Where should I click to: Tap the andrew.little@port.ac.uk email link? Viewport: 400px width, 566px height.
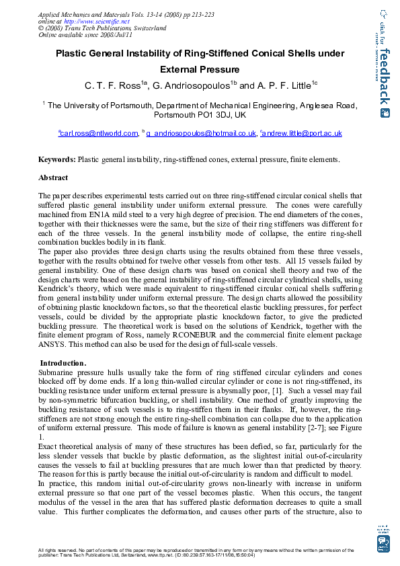click(x=303, y=133)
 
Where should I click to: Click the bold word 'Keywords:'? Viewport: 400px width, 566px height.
click(x=56, y=160)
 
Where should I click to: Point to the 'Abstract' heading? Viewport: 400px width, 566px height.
click(x=53, y=178)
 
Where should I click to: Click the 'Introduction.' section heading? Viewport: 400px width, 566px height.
click(x=63, y=363)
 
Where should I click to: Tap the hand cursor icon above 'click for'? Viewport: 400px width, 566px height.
click(x=383, y=13)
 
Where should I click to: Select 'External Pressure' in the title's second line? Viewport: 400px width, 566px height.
click(x=200, y=69)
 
